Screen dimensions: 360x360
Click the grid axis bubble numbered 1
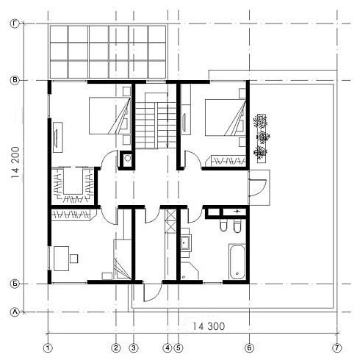48,348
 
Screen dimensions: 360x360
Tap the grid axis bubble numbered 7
337,348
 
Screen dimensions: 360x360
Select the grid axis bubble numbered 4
168,348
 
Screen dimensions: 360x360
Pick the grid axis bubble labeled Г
15,24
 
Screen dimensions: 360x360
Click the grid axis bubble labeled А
15,312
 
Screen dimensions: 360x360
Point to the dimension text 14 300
209,326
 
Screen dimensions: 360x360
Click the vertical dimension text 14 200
15,162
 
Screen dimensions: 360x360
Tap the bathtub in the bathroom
237,262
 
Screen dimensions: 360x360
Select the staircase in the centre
156,120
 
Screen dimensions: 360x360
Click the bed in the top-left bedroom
109,115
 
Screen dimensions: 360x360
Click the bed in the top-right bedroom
226,117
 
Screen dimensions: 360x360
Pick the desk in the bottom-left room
62,259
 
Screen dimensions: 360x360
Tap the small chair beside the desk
74,259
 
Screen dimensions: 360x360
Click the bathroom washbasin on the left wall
185,242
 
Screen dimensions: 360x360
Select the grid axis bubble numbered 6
249,348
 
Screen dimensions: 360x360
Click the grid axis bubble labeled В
15,80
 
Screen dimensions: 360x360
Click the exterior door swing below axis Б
152,292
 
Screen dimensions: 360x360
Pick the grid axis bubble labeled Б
15,284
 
